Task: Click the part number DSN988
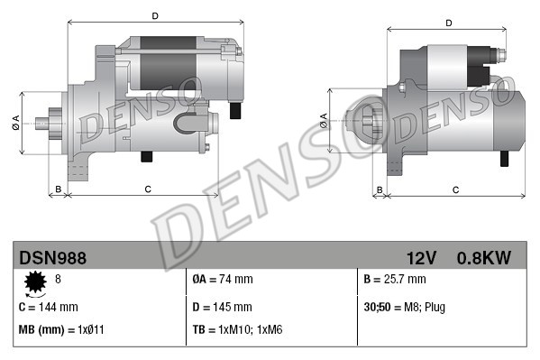[53, 258]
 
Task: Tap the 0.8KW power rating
[483, 258]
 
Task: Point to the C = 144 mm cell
[49, 306]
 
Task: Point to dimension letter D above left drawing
[155, 15]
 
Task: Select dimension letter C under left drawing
[146, 189]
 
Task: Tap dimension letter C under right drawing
[455, 189]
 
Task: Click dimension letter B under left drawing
[59, 189]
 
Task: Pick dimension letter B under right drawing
[380, 189]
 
